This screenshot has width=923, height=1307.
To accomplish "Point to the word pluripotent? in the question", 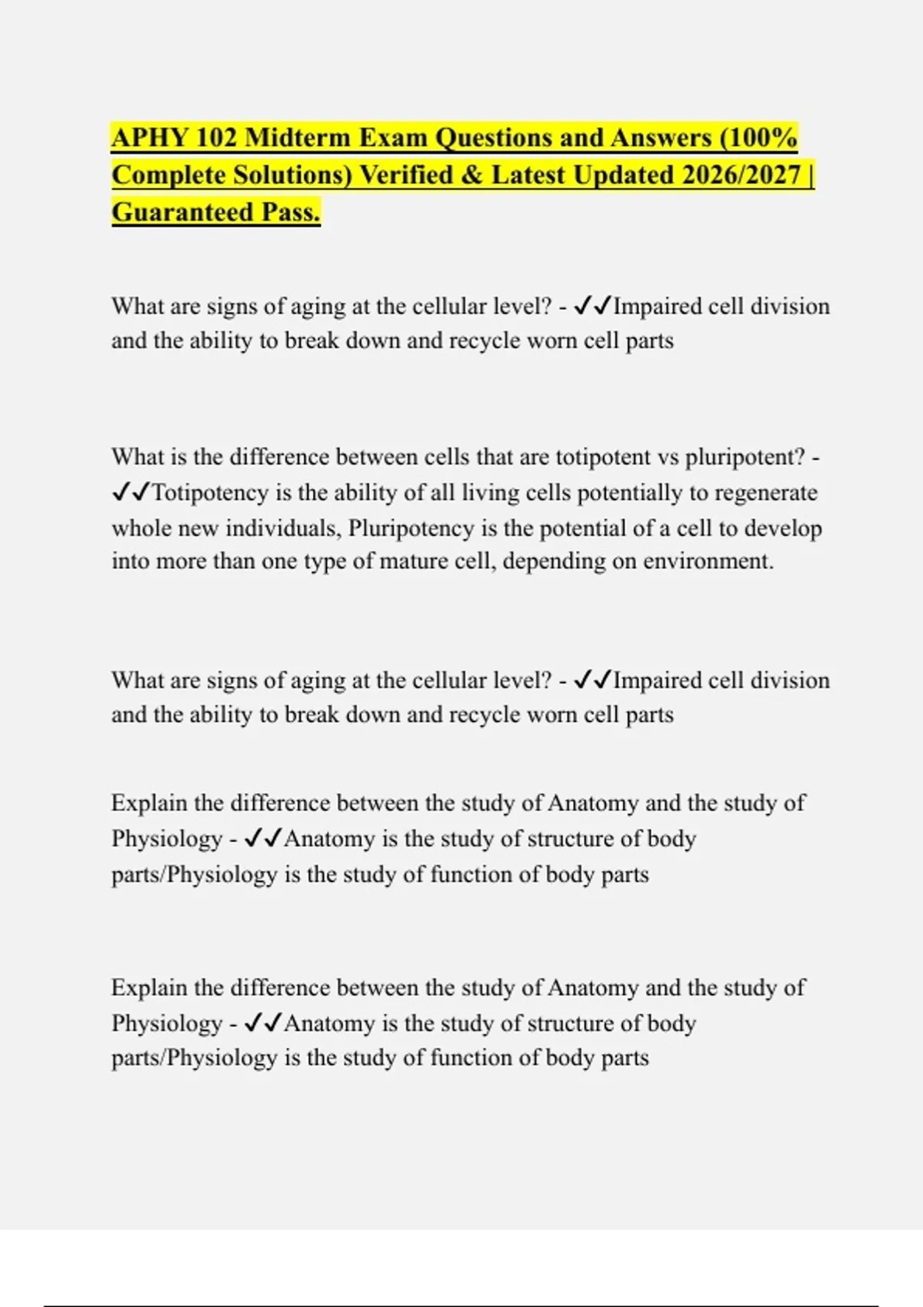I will (x=745, y=457).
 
